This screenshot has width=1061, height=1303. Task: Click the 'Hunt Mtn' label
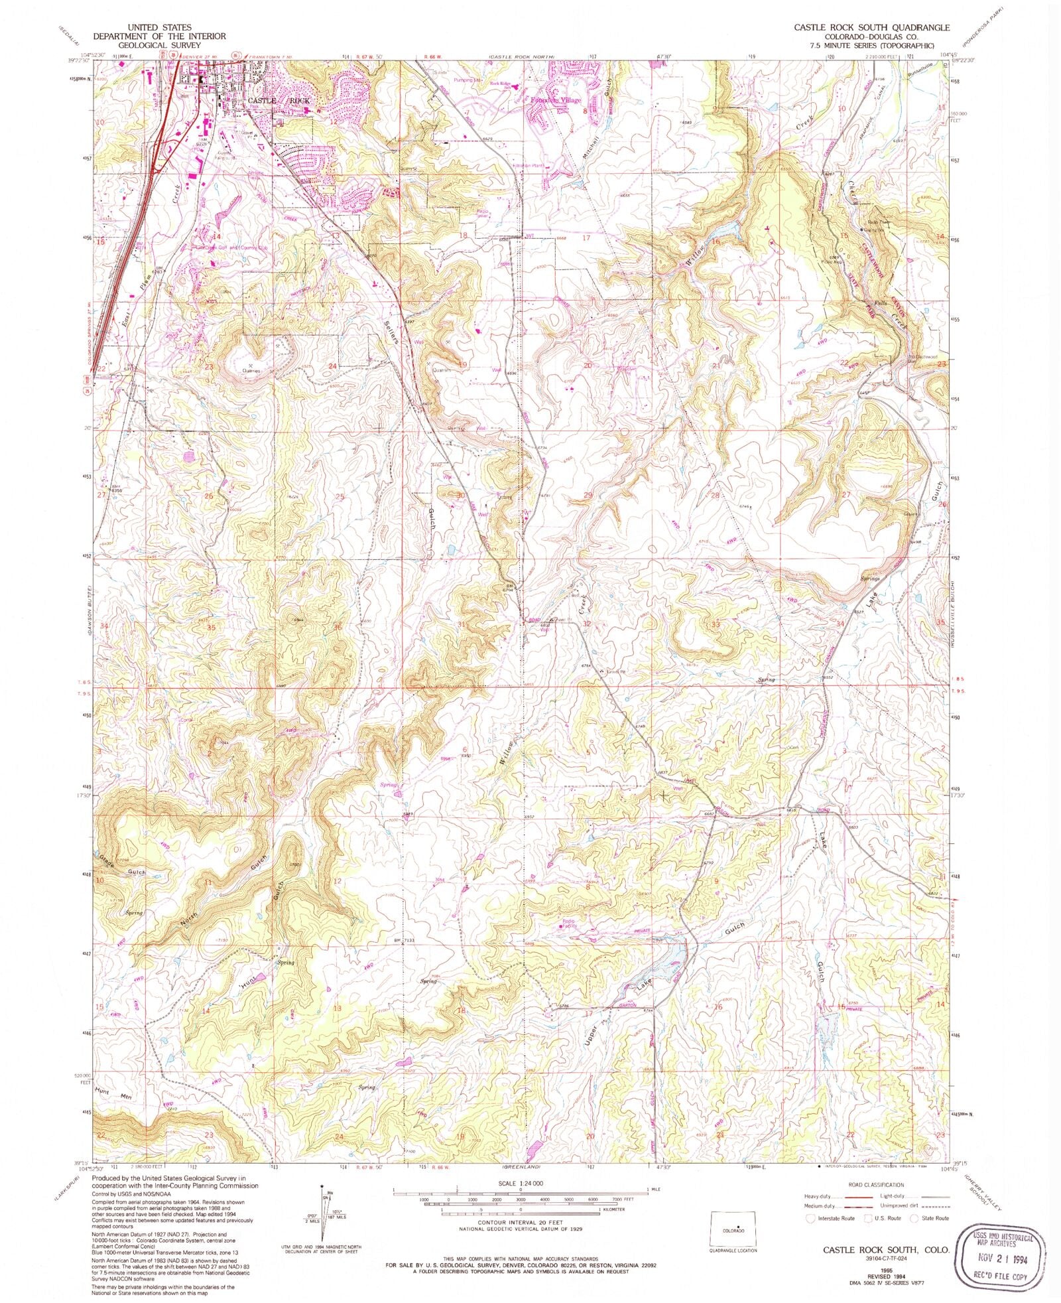[114, 1093]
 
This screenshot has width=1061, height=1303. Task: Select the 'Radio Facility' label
[569, 924]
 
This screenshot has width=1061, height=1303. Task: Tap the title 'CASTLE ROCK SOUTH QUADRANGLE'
[873, 27]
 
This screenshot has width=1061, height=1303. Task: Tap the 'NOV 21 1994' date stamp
[995, 1255]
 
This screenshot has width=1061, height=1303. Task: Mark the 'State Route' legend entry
[930, 1218]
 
